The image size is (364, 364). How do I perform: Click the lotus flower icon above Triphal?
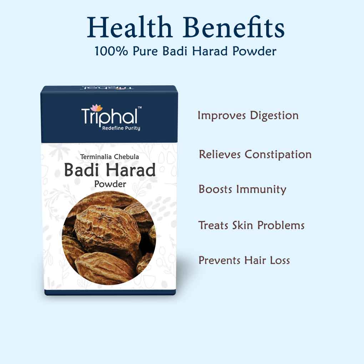97,107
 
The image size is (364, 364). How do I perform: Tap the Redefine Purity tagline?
121,128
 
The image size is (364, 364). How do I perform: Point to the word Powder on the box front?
110,184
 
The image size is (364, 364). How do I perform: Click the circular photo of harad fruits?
109,237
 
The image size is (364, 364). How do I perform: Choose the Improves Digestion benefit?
248,116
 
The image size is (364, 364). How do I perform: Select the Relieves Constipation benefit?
255,155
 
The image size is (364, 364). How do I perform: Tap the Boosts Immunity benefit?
242,189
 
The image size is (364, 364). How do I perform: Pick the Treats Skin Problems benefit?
251,225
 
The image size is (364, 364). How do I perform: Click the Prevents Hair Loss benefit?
244,260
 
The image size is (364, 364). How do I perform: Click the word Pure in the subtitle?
146,51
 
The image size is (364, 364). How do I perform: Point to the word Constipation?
278,155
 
